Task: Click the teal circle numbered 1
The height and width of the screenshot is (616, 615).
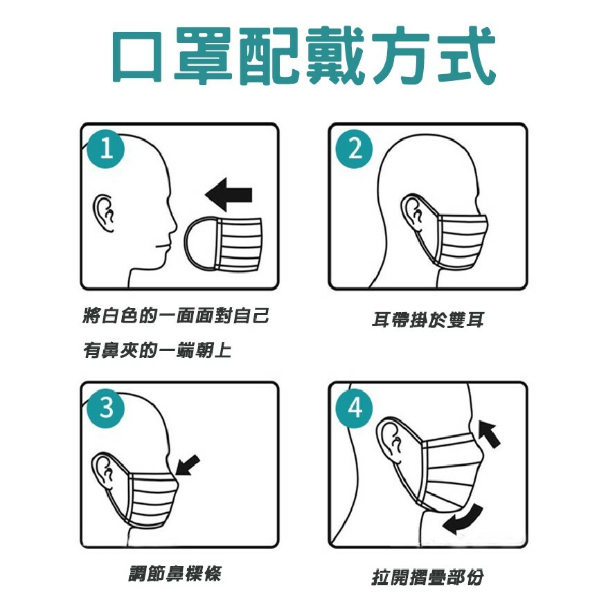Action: click(105, 150)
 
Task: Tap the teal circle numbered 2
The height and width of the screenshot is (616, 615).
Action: click(355, 150)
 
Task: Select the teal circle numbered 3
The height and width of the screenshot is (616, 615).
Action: click(105, 408)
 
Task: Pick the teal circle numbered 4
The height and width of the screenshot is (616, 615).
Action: click(355, 408)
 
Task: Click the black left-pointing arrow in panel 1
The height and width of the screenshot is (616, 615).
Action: click(229, 194)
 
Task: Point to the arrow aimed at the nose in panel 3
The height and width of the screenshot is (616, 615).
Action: click(188, 465)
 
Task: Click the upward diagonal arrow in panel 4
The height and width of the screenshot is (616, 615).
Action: click(489, 434)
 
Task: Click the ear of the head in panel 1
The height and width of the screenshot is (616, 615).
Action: click(104, 213)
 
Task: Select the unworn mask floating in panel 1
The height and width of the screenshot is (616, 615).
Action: click(222, 244)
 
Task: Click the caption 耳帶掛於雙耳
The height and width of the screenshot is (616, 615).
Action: click(427, 320)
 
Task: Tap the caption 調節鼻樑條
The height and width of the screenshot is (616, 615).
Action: click(175, 574)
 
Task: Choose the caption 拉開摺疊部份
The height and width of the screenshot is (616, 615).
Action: click(427, 577)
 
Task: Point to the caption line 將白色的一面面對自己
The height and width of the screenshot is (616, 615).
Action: click(176, 316)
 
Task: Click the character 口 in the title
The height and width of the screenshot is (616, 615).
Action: click(137, 55)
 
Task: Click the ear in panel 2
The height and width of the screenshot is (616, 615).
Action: click(413, 214)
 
